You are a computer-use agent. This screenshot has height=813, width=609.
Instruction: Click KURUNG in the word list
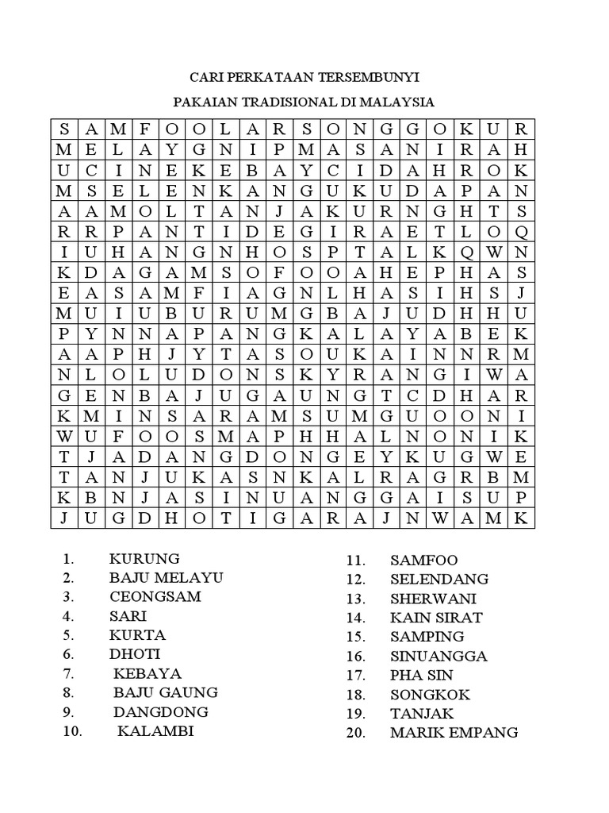[x=144, y=558]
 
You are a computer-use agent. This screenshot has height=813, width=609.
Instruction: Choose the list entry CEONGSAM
[x=155, y=596]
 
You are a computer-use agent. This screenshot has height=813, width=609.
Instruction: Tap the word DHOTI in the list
[x=135, y=653]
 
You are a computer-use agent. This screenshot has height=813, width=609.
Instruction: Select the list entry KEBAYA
[x=147, y=673]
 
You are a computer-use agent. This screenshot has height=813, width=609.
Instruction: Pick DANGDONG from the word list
[x=160, y=711]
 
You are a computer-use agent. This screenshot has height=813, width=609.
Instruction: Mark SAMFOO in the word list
[x=424, y=561]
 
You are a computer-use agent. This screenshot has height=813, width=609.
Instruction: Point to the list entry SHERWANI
[x=434, y=599]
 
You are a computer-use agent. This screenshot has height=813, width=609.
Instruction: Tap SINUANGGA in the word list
[x=439, y=656]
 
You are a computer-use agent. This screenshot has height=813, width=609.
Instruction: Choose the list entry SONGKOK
[x=430, y=694]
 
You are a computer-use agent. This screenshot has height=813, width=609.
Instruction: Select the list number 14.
[x=354, y=618]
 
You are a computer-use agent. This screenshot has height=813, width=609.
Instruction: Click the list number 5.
[x=69, y=635]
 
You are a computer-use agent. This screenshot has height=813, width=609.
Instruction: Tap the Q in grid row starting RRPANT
[x=521, y=233]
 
